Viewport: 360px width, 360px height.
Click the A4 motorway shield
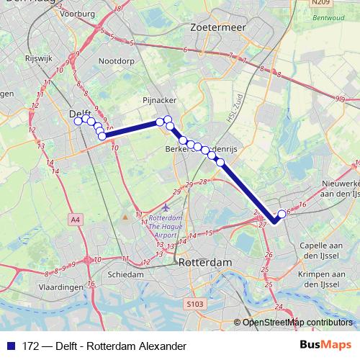tap(76, 217)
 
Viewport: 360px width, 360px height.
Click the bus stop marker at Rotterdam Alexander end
tap(282, 214)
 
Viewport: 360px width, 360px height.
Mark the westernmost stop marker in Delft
tap(78, 121)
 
